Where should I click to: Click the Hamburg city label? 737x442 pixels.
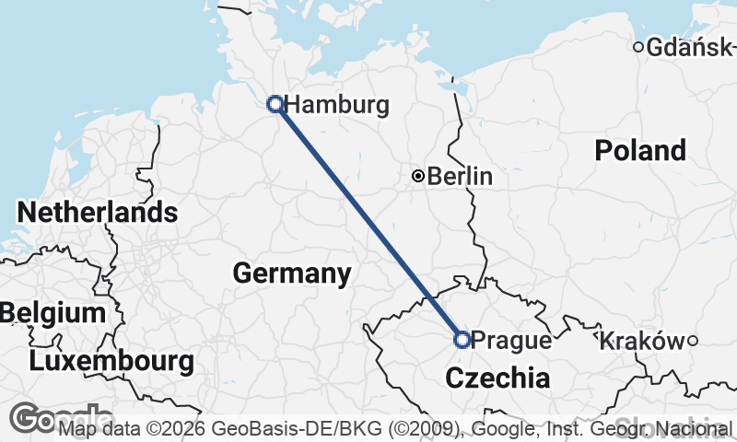coord(336,105)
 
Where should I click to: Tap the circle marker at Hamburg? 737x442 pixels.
coord(275,104)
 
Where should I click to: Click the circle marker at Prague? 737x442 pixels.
coord(462,340)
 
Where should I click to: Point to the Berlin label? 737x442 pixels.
coord(460,176)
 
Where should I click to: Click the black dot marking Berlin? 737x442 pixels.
coord(418,176)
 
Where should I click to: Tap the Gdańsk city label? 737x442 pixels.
coord(690,48)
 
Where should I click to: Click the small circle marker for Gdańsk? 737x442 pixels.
coord(638,48)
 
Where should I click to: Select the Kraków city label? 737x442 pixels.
coord(641,342)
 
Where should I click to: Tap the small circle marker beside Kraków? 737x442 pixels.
coord(692,341)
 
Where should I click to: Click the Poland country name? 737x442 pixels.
coord(640,150)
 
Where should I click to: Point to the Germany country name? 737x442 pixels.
coord(291,273)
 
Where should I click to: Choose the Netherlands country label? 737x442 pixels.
coord(98,213)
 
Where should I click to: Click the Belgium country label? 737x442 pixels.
coord(53,313)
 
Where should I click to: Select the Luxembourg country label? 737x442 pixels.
coord(111,361)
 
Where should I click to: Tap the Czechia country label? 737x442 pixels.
coord(497,378)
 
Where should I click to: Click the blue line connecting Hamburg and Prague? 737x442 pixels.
coord(368,222)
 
